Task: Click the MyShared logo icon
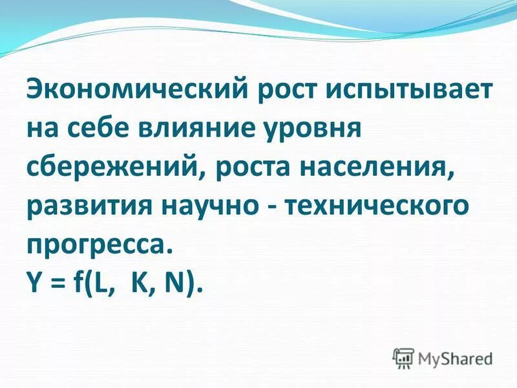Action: coord(403,357)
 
